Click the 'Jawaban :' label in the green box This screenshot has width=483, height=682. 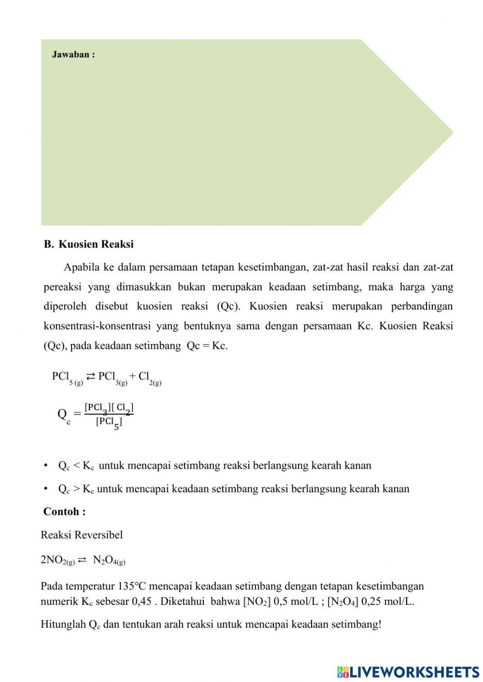click(x=73, y=55)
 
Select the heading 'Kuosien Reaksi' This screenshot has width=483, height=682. click(x=96, y=244)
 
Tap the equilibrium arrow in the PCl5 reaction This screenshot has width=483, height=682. click(x=90, y=376)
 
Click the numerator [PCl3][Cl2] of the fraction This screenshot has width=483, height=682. click(x=109, y=408)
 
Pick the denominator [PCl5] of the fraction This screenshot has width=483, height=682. click(x=109, y=422)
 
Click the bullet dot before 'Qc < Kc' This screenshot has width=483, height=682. click(x=46, y=465)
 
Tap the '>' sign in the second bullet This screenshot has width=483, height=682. click(x=76, y=489)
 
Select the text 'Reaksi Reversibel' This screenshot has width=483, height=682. click(x=82, y=535)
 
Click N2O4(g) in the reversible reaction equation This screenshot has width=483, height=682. click(x=109, y=560)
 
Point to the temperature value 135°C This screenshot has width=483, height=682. click(x=131, y=586)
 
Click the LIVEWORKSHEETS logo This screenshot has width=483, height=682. click(x=408, y=671)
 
